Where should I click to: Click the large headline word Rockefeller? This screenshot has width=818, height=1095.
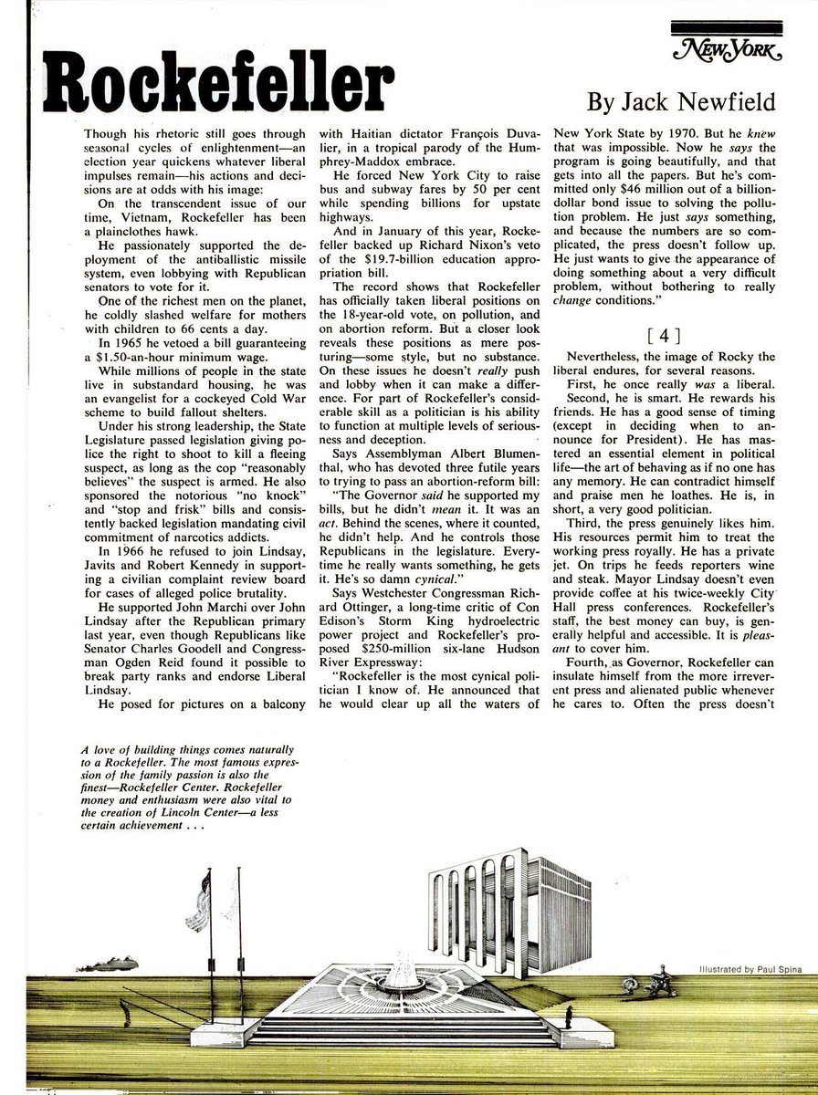pyautogui.click(x=206, y=89)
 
